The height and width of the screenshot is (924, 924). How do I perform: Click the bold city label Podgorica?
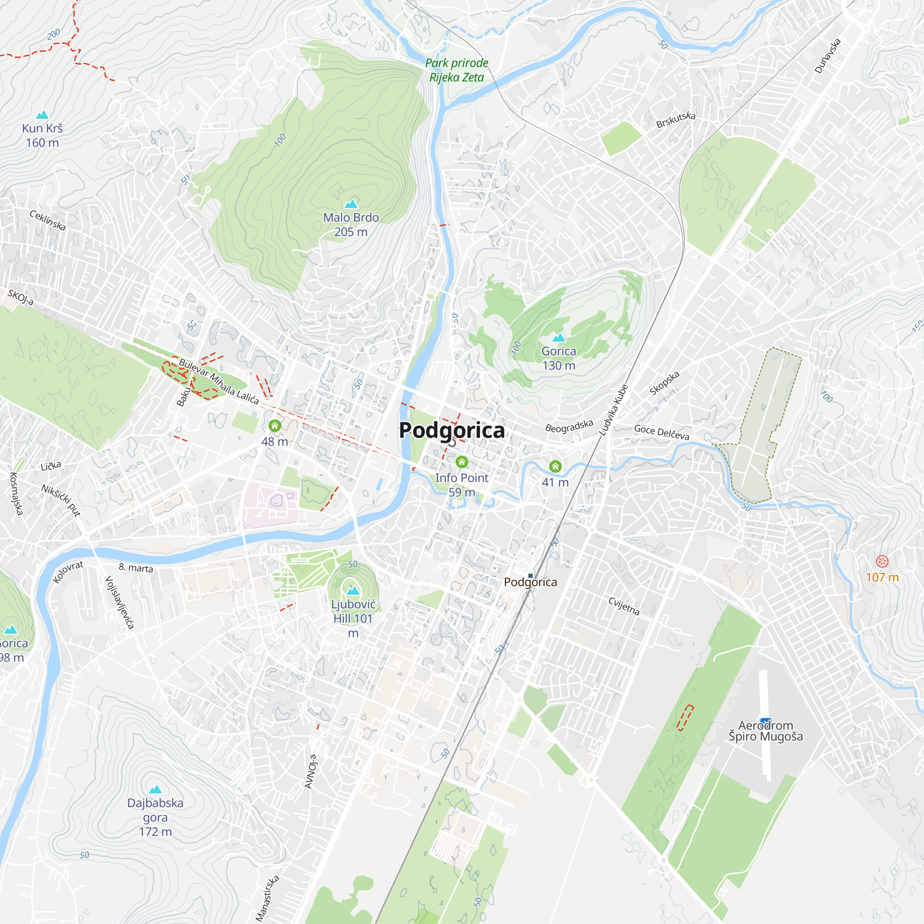tap(451, 430)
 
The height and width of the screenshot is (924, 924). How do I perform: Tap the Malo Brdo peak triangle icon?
tap(351, 204)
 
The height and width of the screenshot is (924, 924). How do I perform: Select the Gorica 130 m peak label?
tap(559, 358)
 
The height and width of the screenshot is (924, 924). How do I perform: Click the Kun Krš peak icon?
tap(43, 115)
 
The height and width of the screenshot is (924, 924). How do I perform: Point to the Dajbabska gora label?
tap(155, 817)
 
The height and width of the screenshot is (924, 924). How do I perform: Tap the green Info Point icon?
tap(462, 462)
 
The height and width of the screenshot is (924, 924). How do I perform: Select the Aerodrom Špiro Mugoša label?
tap(765, 731)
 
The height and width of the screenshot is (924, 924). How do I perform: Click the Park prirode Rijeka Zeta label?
tap(456, 70)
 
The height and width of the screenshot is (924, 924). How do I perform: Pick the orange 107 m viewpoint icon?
tap(882, 561)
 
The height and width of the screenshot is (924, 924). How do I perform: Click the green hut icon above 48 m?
tap(274, 425)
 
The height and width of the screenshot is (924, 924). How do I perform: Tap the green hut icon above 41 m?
tap(555, 466)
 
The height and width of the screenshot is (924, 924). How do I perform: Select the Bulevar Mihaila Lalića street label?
tap(219, 381)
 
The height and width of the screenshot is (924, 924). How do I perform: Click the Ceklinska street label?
tap(47, 220)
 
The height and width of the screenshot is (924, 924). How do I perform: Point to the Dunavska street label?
tap(827, 56)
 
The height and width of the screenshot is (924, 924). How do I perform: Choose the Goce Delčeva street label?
tap(662, 432)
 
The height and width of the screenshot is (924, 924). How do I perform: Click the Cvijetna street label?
tap(624, 606)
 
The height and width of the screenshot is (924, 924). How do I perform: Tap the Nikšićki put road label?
tap(61, 500)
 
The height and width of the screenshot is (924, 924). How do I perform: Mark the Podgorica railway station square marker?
tap(530, 576)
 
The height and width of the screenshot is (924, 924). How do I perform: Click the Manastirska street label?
tap(267, 898)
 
